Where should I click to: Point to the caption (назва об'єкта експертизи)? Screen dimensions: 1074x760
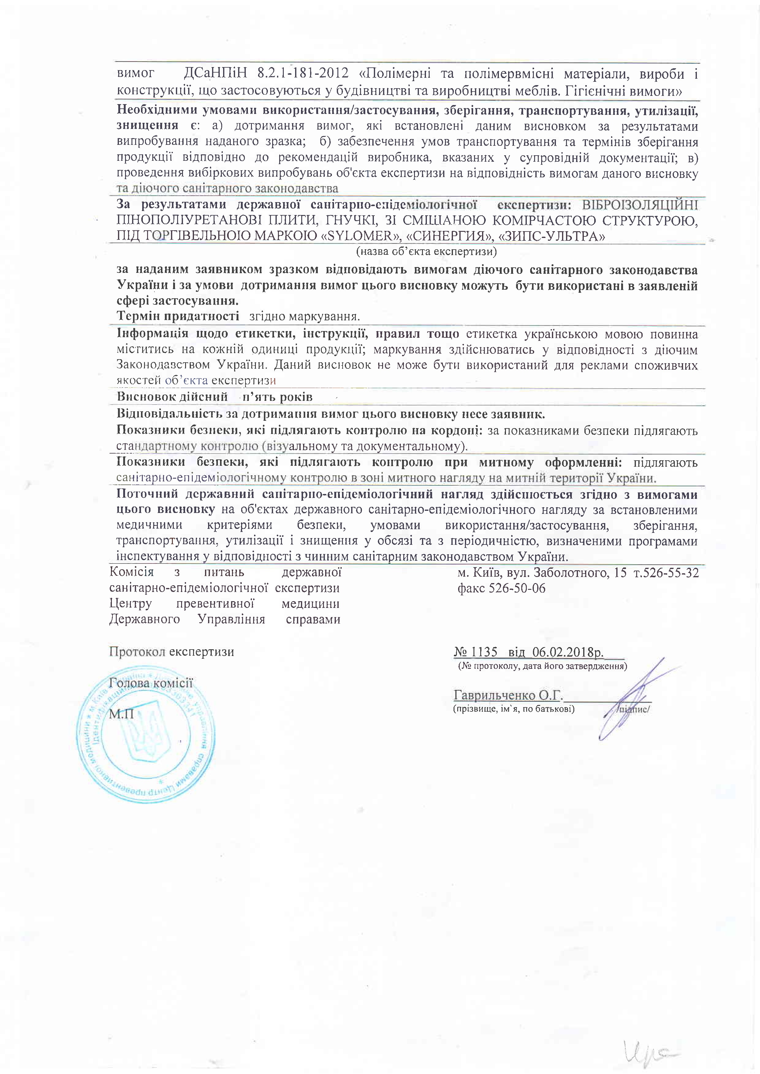pos(426,252)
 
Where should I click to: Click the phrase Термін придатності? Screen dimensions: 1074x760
pos(178,316)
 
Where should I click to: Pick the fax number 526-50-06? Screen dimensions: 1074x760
pos(517,588)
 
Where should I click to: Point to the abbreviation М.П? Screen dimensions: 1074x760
pos(121,714)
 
